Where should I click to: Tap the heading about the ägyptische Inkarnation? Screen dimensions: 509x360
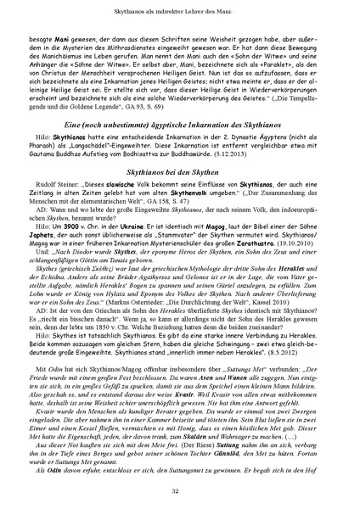pos(180,149)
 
